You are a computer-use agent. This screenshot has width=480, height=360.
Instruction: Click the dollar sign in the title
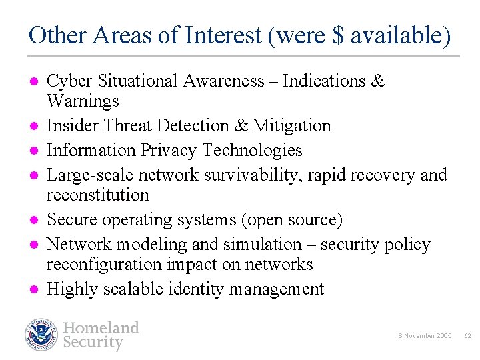pyautogui.click(x=338, y=35)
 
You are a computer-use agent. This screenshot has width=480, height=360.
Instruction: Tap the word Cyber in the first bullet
pyautogui.click(x=70, y=81)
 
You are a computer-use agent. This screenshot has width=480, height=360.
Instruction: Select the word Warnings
pyautogui.click(x=83, y=101)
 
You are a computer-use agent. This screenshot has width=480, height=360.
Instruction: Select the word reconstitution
pyautogui.click(x=97, y=195)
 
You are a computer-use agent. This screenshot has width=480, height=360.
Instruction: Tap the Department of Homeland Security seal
pyautogui.click(x=42, y=335)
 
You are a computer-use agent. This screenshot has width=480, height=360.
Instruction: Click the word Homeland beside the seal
pyautogui.click(x=101, y=327)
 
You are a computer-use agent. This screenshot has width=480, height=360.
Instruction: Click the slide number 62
pyautogui.click(x=467, y=336)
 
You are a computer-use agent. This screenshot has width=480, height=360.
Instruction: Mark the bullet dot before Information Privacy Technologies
pyautogui.click(x=32, y=151)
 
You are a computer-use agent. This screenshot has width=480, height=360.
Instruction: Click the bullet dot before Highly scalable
pyautogui.click(x=32, y=289)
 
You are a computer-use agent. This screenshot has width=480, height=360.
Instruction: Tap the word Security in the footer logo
pyautogui.click(x=93, y=343)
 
